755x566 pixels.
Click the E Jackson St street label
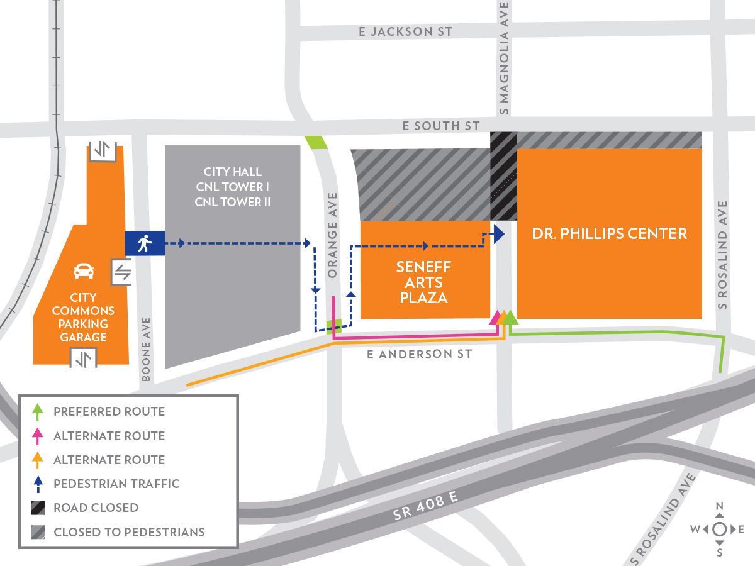coord(405,31)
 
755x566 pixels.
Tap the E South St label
coord(441,126)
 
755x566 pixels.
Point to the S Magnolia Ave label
coord(503,58)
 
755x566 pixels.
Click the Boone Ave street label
coord(146,349)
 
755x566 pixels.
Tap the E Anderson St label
coord(419,355)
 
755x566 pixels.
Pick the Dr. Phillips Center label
coord(609,234)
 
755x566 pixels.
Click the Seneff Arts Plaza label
coord(423,282)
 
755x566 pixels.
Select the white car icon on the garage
coord(84,271)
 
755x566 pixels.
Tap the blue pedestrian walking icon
coord(145,243)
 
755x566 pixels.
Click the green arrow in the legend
coord(38,412)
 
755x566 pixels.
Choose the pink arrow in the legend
coord(38,436)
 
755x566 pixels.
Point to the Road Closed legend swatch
coord(38,508)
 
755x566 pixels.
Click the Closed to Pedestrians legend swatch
coord(38,532)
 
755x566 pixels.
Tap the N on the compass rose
coord(720,507)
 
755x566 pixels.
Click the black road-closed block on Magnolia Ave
coord(503,176)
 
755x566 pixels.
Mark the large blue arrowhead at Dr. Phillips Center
coord(498,235)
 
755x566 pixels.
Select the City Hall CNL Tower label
coord(232,187)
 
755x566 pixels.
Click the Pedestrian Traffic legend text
coord(116,484)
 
